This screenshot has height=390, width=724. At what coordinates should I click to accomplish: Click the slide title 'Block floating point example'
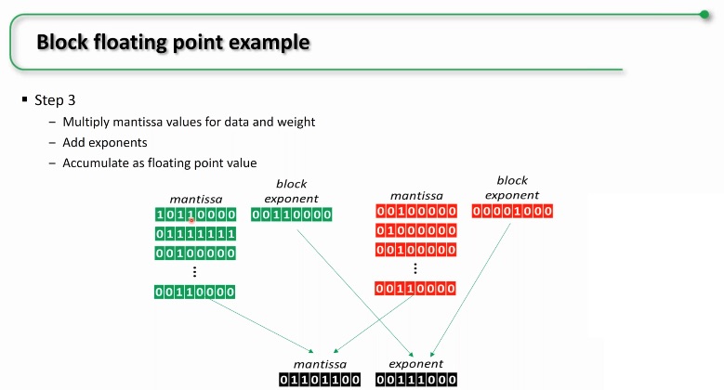coord(173,42)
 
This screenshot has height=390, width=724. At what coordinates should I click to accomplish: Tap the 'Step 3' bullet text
coord(55,100)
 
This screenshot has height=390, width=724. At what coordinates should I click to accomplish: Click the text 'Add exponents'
coord(105,143)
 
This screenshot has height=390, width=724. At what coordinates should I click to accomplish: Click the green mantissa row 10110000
coord(195,214)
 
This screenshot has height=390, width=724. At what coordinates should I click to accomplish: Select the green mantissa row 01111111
coord(195,234)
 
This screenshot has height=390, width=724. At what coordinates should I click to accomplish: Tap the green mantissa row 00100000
coord(195,253)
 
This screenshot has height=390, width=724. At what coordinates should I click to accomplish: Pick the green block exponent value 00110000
coord(291,214)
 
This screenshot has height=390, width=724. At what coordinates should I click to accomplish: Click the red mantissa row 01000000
coord(416,231)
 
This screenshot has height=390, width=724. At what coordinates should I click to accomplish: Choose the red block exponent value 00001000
coord(512,212)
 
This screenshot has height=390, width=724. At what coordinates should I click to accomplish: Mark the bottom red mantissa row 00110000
coord(415,289)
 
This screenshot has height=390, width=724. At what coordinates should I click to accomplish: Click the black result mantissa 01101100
coord(320,380)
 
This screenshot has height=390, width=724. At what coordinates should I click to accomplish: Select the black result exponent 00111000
coord(416,380)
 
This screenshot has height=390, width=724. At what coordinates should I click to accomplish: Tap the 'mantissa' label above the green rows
coord(196,200)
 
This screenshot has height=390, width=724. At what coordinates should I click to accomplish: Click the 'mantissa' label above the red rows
coord(416,196)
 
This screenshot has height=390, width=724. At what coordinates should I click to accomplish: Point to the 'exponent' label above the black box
coord(415,364)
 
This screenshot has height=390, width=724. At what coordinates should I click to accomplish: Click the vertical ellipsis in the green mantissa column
coord(195,272)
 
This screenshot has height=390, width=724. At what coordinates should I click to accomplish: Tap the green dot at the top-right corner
coord(704,15)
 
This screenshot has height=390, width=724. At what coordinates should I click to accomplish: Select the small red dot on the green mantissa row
coord(191,221)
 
